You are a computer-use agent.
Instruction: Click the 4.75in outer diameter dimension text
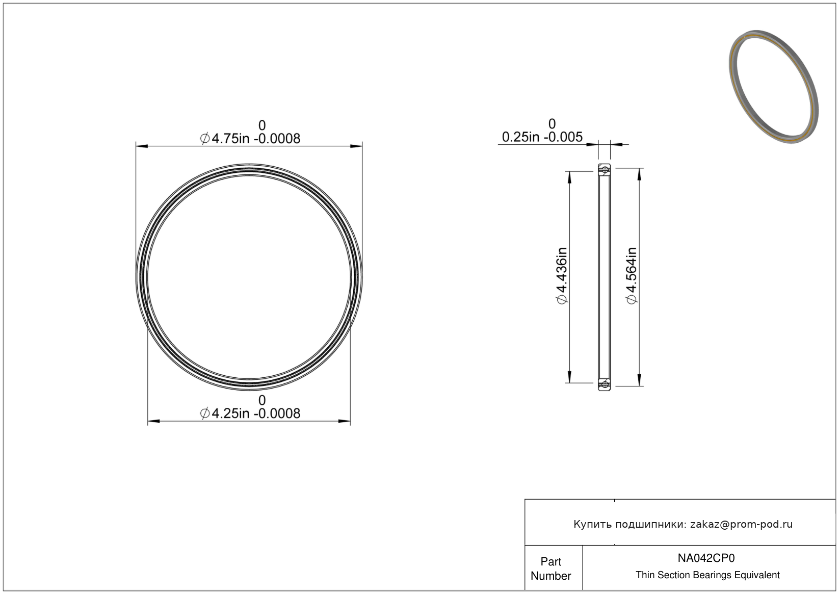point(250,139)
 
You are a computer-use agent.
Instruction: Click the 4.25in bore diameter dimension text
point(250,414)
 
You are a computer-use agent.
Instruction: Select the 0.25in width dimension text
point(542,137)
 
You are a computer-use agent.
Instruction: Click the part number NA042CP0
point(706,558)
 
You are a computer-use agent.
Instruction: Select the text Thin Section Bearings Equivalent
point(707,575)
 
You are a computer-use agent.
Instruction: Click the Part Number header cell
point(550,569)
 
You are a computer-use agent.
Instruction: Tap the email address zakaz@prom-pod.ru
point(741,524)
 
